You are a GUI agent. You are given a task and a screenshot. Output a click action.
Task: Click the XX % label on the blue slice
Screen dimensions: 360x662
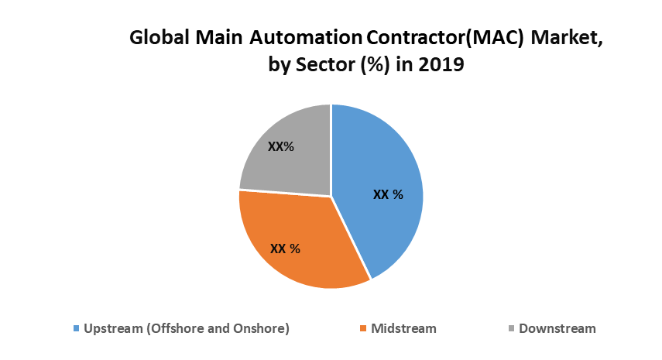(388, 194)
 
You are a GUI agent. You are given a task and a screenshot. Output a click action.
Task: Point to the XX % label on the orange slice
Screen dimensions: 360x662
(285, 249)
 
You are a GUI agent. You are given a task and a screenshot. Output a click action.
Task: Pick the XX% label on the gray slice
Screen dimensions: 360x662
(280, 146)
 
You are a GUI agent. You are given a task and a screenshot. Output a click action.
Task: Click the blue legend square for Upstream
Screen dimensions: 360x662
(76, 329)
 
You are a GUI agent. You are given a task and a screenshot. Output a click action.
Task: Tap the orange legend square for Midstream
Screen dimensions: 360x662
(362, 329)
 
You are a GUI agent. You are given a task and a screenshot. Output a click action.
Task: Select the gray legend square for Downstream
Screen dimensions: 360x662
(510, 329)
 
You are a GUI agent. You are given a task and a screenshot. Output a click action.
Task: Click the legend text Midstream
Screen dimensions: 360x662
(403, 328)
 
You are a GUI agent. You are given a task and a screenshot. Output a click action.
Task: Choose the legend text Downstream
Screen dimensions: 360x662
(557, 328)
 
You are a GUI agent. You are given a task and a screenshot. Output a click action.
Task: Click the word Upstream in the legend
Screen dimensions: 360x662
(113, 328)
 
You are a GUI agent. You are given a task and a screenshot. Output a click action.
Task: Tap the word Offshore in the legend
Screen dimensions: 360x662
(176, 328)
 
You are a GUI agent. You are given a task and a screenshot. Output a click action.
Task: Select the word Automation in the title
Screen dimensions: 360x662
(302, 38)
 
